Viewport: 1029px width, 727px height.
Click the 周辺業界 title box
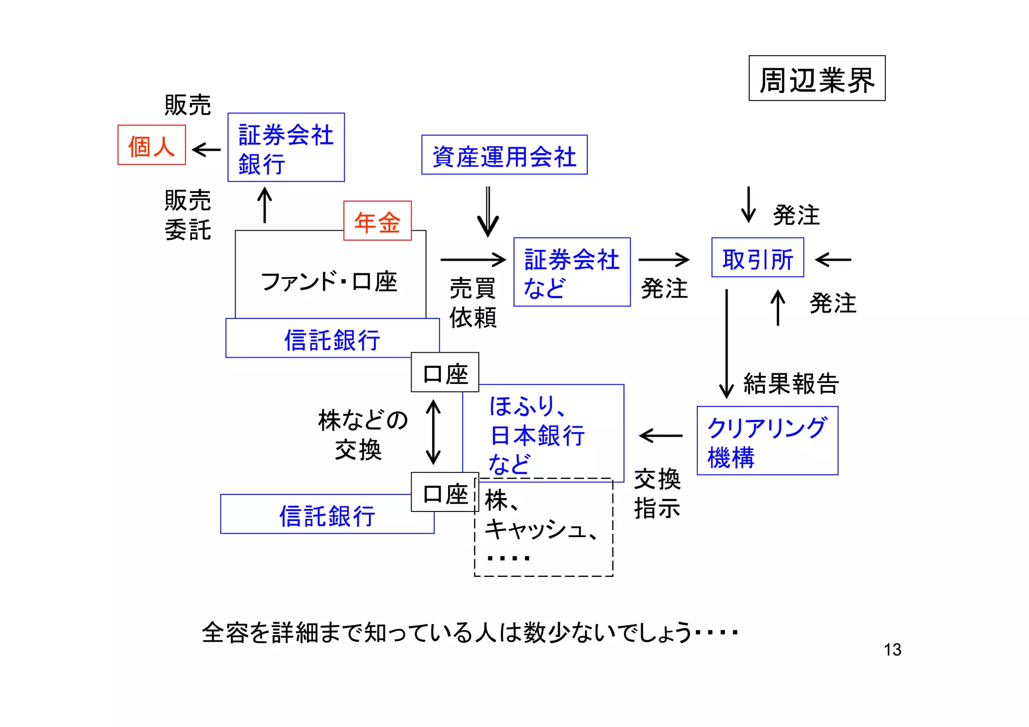pos(816,79)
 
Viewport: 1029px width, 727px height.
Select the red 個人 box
pos(151,145)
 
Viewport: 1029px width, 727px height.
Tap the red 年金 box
pos(377,221)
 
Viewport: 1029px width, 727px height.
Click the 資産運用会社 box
pos(504,155)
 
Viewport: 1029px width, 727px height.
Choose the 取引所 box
pos(757,258)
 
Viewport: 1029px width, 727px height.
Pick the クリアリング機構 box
pos(767,441)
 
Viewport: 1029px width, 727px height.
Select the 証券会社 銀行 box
pos(286,148)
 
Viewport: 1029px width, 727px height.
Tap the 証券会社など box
pos(571,272)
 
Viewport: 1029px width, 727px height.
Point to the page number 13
pos(892,650)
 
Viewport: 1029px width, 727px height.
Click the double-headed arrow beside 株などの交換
pos(433,432)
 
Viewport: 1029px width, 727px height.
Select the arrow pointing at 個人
pos(207,150)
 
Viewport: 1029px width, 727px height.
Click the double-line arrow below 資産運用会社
pos(488,212)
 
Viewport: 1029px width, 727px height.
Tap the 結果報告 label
pos(791,384)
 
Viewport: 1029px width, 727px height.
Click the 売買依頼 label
pos(472,303)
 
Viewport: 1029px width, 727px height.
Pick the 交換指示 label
pos(657,493)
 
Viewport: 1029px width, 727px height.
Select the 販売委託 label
pos(187,215)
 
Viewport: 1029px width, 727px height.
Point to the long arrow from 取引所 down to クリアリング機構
pos(726,344)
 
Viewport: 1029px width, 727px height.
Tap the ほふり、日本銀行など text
pos(537,435)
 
